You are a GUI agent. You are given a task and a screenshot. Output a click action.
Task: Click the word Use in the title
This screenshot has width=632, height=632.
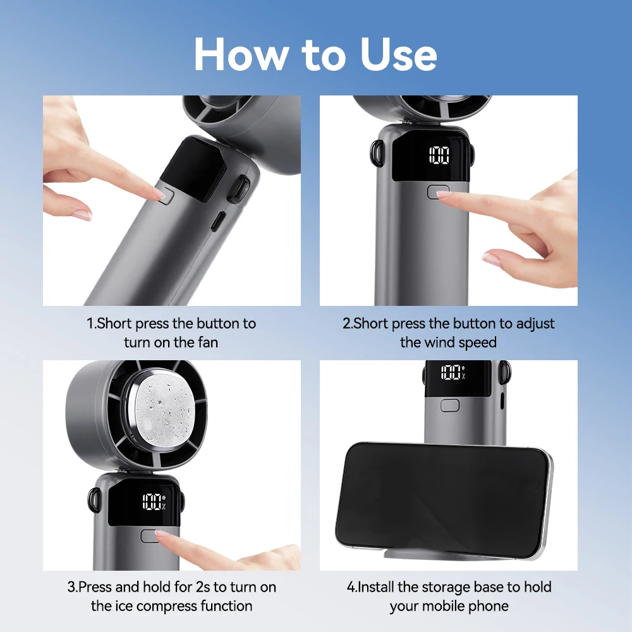(399, 55)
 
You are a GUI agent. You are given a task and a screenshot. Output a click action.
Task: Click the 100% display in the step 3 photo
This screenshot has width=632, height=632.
(153, 503)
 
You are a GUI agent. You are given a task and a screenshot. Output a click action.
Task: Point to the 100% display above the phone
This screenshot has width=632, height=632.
(453, 372)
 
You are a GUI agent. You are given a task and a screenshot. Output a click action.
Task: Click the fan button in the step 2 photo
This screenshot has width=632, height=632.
(437, 191)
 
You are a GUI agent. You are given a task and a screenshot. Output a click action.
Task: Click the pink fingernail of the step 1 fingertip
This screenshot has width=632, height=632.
(160, 195)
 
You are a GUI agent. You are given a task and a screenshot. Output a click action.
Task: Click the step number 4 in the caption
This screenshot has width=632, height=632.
(350, 586)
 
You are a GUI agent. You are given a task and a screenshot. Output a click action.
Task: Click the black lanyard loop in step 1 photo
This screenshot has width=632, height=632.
(238, 190)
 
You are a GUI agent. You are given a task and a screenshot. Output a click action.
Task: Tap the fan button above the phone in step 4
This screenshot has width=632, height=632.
(449, 405)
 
